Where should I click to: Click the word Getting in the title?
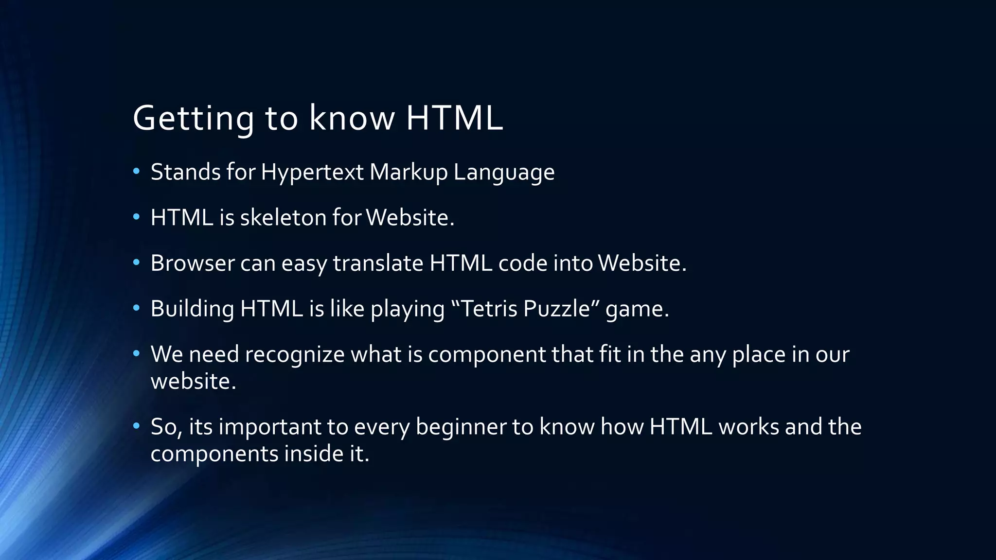pos(193,118)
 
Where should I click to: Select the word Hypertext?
pos(312,173)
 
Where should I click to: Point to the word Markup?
pos(408,173)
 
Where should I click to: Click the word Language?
pos(504,173)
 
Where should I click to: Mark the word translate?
pos(378,263)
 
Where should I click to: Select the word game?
pos(637,310)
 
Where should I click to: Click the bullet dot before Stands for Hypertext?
pos(137,171)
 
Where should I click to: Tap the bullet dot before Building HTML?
pos(137,308)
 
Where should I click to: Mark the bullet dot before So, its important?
pos(137,426)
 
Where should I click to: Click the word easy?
pos(304,264)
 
